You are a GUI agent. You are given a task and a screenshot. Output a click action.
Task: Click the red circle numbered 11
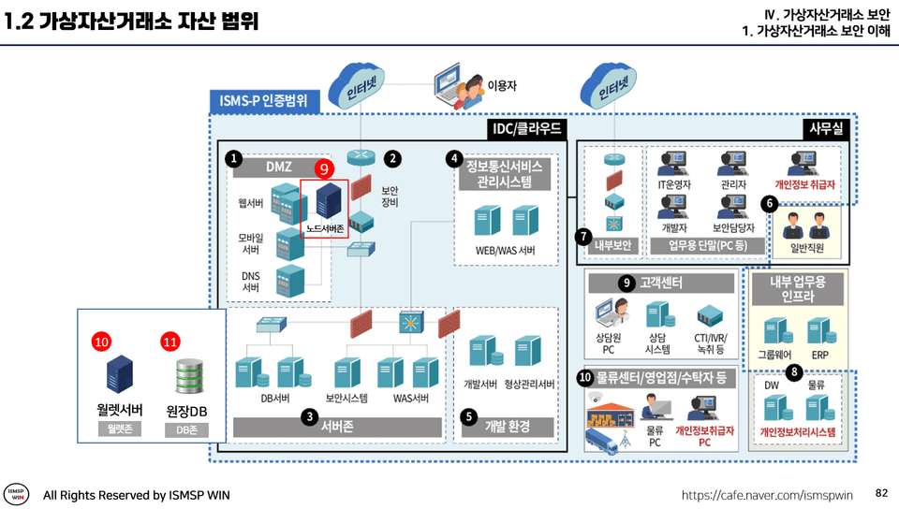[169, 342]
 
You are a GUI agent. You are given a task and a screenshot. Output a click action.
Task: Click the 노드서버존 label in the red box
[324, 227]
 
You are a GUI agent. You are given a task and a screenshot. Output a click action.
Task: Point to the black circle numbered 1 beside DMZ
[233, 159]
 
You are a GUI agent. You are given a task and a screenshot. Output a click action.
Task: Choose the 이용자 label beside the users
[502, 85]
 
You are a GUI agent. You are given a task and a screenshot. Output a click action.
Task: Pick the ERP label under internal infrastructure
[819, 356]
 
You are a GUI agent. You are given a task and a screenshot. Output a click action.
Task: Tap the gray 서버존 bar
[336, 427]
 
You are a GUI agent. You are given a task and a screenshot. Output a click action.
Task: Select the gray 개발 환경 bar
[508, 427]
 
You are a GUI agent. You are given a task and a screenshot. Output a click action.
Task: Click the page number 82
[880, 492]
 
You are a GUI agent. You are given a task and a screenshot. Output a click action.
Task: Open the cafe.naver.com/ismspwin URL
[768, 494]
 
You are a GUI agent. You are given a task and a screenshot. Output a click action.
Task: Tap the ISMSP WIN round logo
[17, 494]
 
